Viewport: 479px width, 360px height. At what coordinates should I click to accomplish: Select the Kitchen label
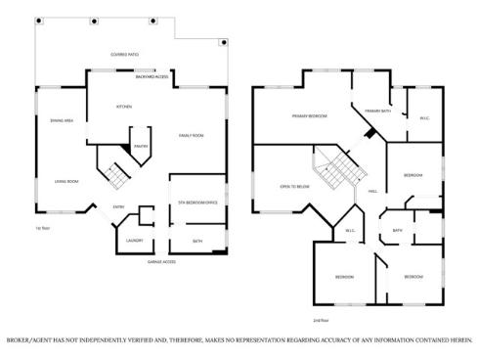coord(125,106)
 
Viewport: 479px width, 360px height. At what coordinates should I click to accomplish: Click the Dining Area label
coord(50,120)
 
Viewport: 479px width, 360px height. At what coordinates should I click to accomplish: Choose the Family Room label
coord(191,135)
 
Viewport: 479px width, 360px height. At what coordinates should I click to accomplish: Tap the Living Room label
coord(66,182)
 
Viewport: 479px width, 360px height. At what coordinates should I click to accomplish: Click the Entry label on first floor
coord(118,206)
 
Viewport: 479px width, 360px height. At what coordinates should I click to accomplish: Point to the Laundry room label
coord(134,240)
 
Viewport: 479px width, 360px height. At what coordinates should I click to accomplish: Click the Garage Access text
coord(161,262)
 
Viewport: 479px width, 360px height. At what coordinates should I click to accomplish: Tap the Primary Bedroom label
coord(309,116)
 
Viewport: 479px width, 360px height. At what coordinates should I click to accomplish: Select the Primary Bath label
coord(378,112)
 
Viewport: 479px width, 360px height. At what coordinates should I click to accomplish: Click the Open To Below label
coord(294,185)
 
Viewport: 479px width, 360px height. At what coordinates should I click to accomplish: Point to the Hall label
coord(373,192)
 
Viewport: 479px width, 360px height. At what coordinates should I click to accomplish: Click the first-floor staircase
coord(116,177)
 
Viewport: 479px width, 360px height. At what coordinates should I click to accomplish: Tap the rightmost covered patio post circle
coord(224,42)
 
